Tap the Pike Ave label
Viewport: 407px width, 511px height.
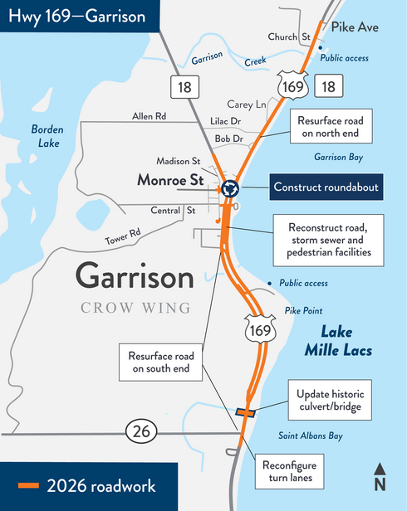point(355,27)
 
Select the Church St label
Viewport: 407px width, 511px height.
point(288,36)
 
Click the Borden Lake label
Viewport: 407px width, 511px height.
point(47,136)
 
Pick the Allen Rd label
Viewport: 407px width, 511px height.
point(150,117)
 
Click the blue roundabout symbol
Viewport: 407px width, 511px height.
point(229,189)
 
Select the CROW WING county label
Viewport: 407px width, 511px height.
point(135,308)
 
